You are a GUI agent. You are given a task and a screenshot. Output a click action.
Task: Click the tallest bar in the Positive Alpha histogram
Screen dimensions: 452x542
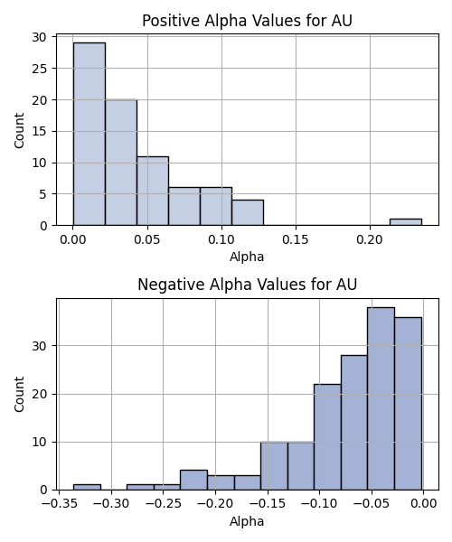89,134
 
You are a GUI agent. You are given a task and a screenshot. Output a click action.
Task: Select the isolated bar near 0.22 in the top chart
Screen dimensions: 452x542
406,222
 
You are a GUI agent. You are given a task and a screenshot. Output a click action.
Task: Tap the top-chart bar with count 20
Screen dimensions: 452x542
121,163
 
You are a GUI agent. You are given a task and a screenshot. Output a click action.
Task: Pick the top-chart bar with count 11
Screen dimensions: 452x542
153,191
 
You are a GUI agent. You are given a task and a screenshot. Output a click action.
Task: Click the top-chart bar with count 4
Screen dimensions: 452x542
248,212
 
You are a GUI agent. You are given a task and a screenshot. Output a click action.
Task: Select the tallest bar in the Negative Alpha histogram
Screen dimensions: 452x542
381,398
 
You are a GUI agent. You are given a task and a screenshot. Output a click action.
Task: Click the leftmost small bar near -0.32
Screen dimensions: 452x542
87,488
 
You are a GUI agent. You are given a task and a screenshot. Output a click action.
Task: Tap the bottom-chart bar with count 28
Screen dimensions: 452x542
354,423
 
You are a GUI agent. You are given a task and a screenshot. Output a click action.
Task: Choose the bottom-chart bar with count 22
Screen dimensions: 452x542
327,437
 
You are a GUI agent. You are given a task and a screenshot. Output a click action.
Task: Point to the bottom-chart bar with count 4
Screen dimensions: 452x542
193,481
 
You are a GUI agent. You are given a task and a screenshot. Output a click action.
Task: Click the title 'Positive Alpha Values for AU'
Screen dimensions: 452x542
248,21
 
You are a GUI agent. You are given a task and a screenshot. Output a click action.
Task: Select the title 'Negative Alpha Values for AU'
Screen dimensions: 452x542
248,285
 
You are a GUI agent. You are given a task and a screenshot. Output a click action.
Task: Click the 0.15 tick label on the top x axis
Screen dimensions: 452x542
296,239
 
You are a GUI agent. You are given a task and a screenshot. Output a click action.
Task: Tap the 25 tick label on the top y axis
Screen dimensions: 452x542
39,69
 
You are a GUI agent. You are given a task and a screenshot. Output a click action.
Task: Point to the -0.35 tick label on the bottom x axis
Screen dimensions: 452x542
59,504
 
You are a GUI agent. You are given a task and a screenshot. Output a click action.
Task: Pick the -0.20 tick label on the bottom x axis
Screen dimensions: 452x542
215,504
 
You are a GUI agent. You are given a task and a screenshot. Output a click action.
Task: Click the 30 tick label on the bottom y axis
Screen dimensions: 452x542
39,346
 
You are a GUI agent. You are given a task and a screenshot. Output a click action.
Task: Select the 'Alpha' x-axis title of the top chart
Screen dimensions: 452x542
247,257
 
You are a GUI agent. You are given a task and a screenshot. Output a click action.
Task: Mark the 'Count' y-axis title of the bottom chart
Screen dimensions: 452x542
19,394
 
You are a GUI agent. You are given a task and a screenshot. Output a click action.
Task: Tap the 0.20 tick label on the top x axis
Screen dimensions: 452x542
370,239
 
